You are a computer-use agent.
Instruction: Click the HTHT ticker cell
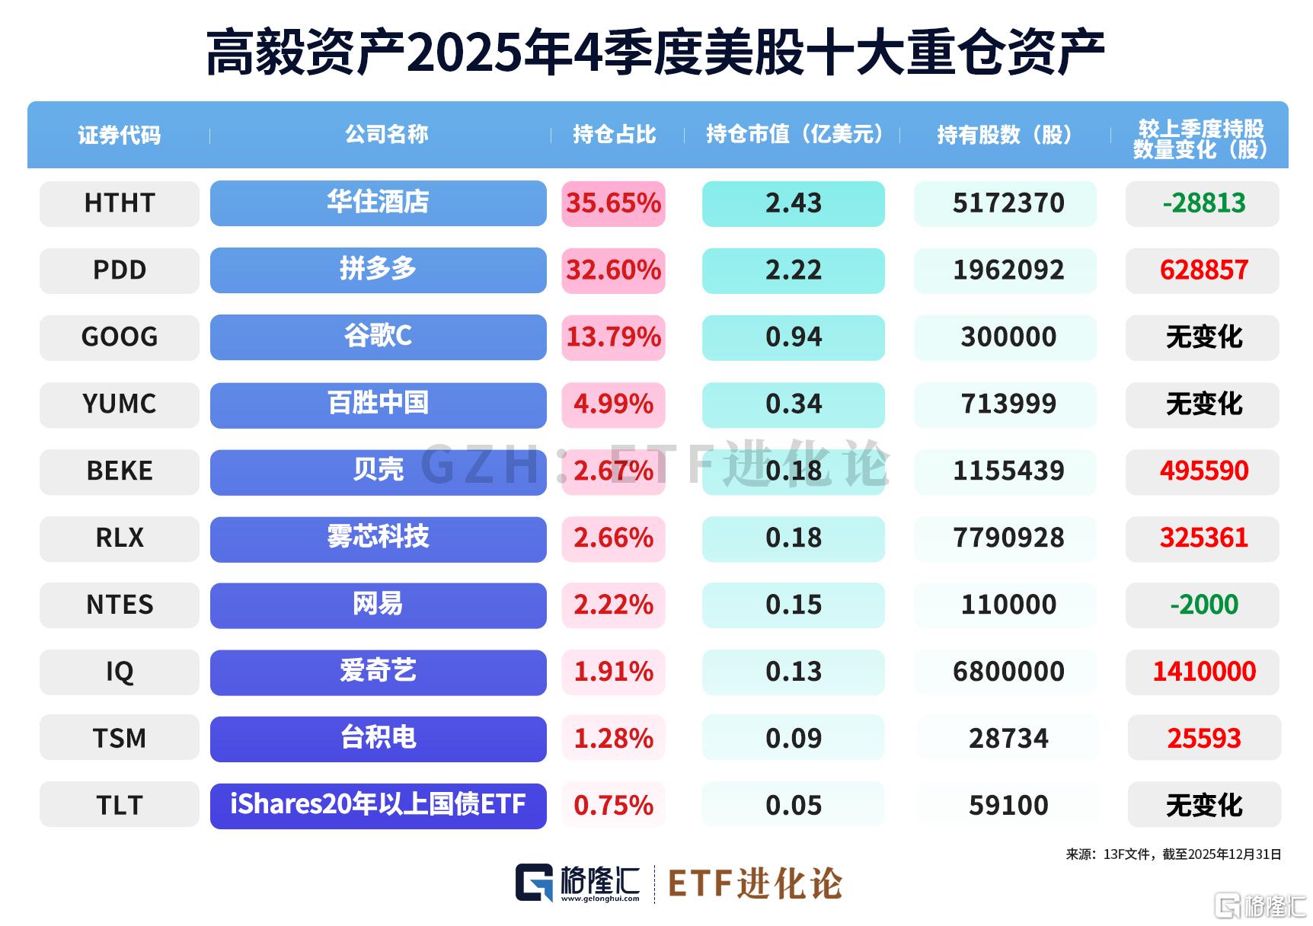pyautogui.click(x=120, y=203)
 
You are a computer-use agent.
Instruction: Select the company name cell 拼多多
pyautogui.click(x=378, y=270)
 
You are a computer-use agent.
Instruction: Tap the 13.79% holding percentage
pyautogui.click(x=613, y=337)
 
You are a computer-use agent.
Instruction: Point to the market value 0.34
pyautogui.click(x=793, y=404)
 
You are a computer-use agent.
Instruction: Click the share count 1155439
pyautogui.click(x=1008, y=471)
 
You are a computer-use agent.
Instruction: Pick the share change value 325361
pyautogui.click(x=1203, y=538)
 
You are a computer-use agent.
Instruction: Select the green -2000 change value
pyautogui.click(x=1203, y=605)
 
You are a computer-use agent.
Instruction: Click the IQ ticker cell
pyautogui.click(x=120, y=672)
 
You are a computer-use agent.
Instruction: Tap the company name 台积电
pyautogui.click(x=378, y=738)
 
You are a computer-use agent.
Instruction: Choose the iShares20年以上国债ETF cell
pyautogui.click(x=378, y=805)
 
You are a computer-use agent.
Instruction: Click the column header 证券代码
pyautogui.click(x=120, y=135)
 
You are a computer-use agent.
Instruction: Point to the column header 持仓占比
pyautogui.click(x=614, y=135)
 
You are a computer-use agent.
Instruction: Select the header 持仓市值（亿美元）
pyautogui.click(x=794, y=135)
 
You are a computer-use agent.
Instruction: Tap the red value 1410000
pyautogui.click(x=1203, y=672)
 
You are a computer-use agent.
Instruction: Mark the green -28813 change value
pyautogui.click(x=1203, y=203)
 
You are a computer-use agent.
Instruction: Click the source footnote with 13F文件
pyautogui.click(x=1173, y=854)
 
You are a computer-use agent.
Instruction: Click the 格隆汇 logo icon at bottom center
pyautogui.click(x=534, y=883)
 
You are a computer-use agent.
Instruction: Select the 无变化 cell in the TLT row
pyautogui.click(x=1203, y=805)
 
